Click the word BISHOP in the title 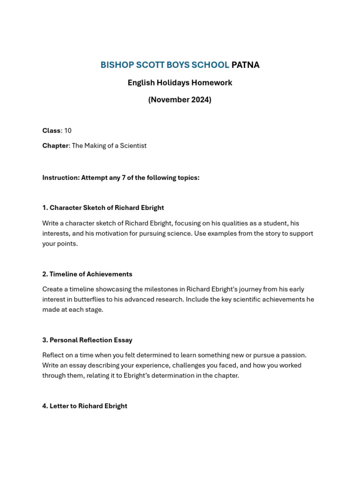(114, 65)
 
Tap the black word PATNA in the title (245, 65)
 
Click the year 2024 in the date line (200, 100)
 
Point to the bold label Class (52, 131)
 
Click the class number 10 (68, 131)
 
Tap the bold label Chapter (55, 146)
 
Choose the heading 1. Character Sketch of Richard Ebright (103, 208)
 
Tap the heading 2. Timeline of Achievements (87, 274)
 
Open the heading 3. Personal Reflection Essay (87, 340)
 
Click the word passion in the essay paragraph (293, 355)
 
